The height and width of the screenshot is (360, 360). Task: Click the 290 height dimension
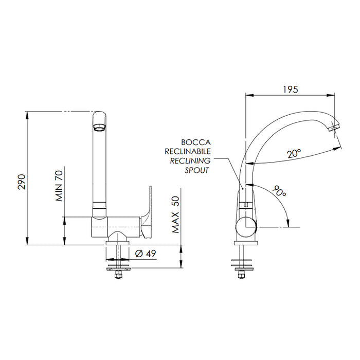point(22,182)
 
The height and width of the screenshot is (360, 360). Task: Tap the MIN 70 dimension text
point(59,186)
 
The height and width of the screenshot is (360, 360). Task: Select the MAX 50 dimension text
point(175,214)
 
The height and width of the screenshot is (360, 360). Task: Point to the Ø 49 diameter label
point(146,254)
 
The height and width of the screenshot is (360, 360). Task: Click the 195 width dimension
point(290,89)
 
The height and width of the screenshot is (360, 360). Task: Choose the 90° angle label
point(279,191)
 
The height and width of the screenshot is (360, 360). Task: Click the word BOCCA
point(196,142)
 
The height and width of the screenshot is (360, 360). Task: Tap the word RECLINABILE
point(188,151)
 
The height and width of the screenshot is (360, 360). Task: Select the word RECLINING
point(190,161)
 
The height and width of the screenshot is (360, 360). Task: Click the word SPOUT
point(197,170)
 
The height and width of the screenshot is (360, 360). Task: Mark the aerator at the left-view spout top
point(99,127)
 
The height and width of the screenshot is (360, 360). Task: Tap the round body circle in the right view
point(246,227)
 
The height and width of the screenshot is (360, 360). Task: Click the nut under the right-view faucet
point(241,275)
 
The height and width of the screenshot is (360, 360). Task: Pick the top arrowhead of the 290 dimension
point(27,115)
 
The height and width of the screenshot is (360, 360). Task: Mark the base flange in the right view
point(246,243)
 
